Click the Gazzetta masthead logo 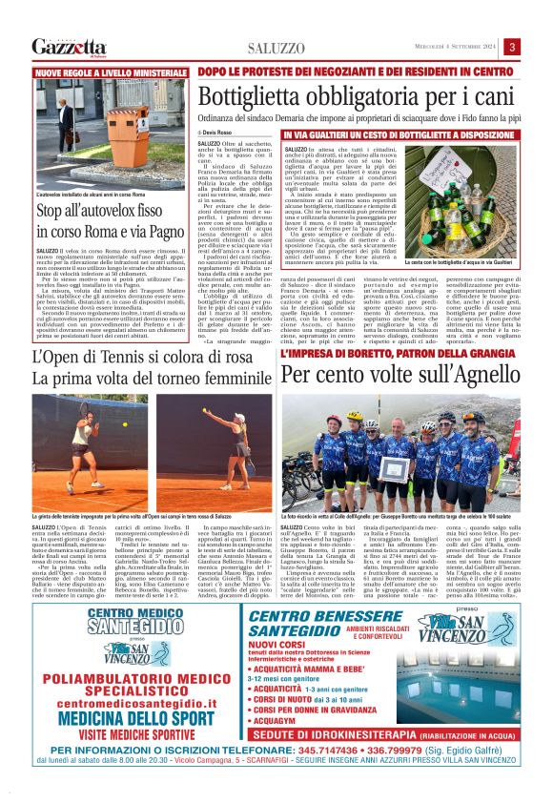pyautogui.click(x=69, y=47)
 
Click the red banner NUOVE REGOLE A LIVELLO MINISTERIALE pyautogui.click(x=110, y=72)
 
